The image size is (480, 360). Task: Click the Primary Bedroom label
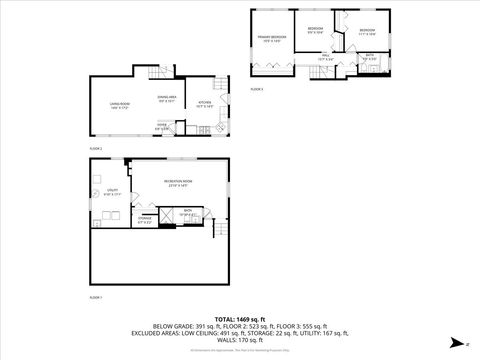(x=273, y=38)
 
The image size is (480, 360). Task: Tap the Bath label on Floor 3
(x=370, y=57)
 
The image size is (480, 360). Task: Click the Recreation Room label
(x=180, y=183)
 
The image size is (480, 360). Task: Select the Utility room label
(x=112, y=192)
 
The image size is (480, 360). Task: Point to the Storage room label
(x=145, y=219)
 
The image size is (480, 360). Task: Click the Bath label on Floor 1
(x=186, y=212)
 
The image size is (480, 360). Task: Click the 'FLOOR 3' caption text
(x=257, y=89)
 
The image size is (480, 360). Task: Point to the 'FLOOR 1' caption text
(x=96, y=297)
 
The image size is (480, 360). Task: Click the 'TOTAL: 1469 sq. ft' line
(x=240, y=317)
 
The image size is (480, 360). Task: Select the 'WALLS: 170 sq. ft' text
(x=240, y=343)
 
